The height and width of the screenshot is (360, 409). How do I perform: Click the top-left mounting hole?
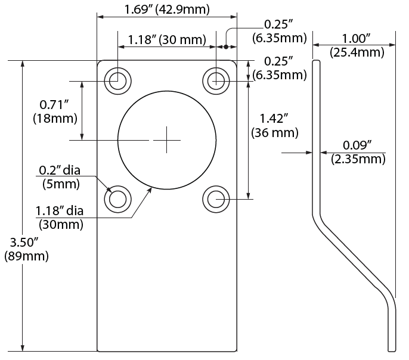tap(117, 80)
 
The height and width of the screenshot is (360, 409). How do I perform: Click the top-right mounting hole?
tap(216, 80)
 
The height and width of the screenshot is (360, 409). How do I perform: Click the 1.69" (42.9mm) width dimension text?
tap(167, 9)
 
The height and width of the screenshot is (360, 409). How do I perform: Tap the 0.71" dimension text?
tap(54, 105)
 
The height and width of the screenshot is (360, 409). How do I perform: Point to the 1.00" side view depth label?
tap(355, 39)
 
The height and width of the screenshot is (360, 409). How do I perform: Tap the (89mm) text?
tap(26, 257)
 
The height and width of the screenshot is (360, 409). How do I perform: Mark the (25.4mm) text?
tap(356, 52)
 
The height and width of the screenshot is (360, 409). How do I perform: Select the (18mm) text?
tap(55, 118)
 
